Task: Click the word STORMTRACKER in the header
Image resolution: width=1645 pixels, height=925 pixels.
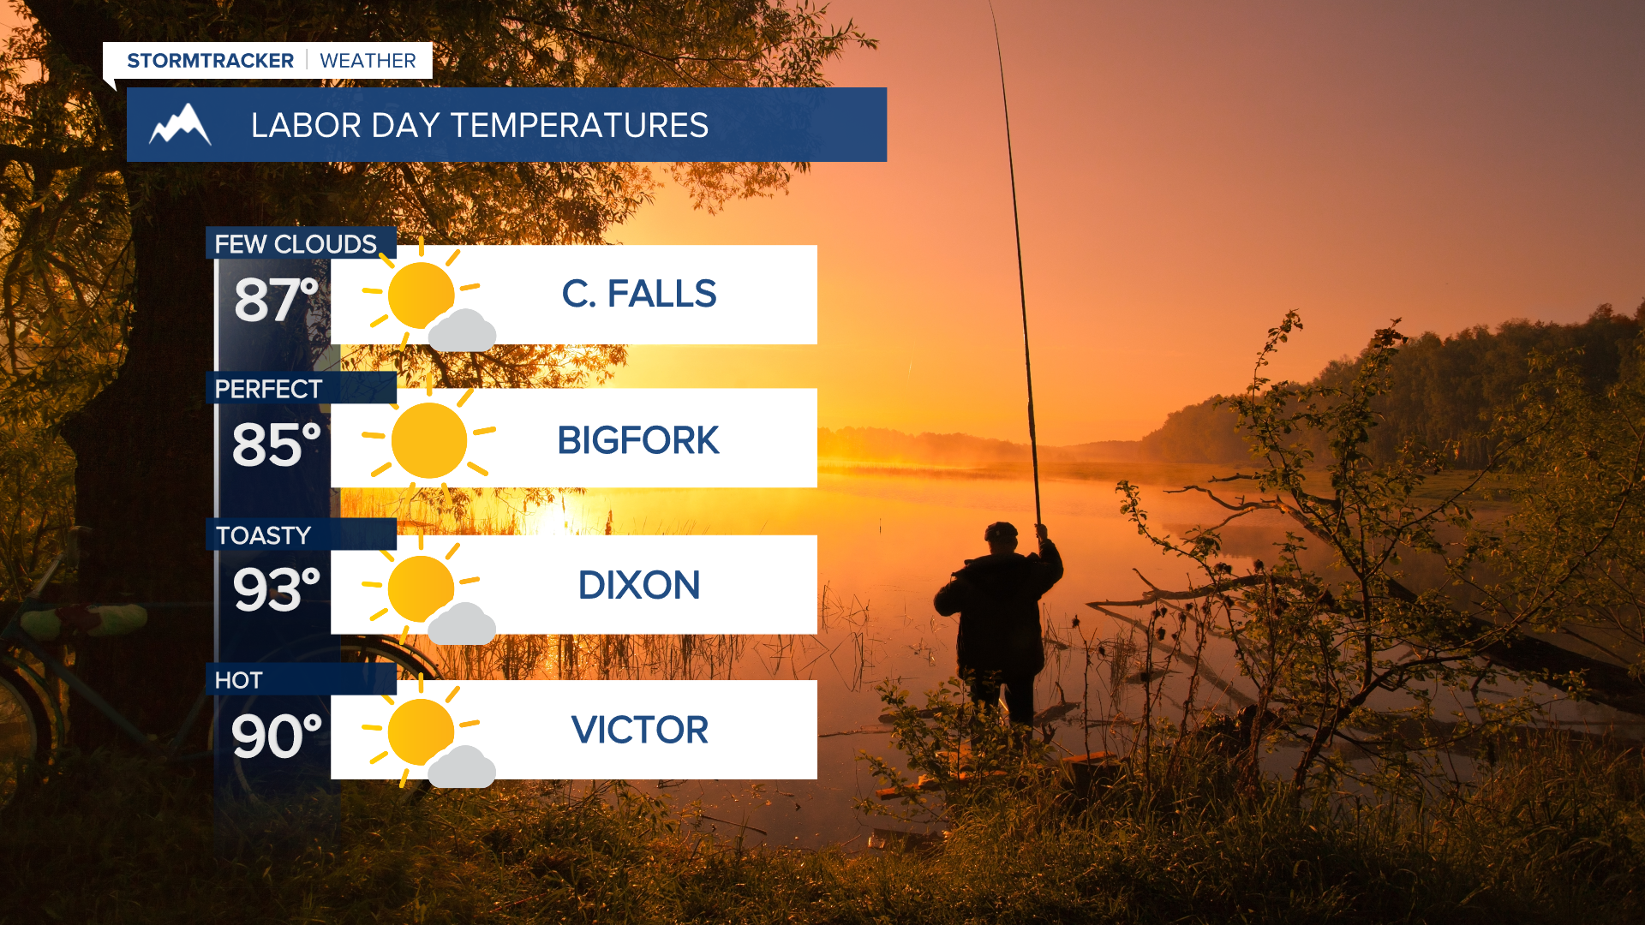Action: click(210, 61)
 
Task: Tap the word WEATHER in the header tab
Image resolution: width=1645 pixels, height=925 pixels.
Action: click(368, 61)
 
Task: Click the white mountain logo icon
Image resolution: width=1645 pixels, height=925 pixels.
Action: click(180, 125)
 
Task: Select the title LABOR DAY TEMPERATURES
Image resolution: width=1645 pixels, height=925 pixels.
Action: click(480, 125)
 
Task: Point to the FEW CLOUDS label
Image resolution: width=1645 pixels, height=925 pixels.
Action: click(296, 244)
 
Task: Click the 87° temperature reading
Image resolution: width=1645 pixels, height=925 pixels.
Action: click(276, 300)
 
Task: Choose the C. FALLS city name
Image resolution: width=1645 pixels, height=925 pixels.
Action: click(639, 294)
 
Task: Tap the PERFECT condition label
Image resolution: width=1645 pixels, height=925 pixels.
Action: click(268, 389)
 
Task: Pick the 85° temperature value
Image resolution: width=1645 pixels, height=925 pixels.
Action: click(276, 445)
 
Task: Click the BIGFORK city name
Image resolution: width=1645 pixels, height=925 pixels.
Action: click(638, 440)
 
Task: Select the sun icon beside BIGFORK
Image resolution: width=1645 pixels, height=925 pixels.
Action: click(428, 440)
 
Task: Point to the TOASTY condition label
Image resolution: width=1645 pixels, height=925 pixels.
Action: click(263, 535)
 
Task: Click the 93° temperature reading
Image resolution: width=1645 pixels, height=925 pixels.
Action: click(276, 589)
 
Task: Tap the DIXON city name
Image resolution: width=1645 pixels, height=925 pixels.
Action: click(639, 586)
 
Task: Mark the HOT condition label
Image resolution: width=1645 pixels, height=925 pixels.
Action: click(238, 681)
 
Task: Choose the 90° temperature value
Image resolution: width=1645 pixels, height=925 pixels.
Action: click(276, 736)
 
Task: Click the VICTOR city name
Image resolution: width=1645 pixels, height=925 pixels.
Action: click(640, 731)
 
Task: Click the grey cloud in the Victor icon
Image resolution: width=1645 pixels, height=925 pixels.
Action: click(462, 767)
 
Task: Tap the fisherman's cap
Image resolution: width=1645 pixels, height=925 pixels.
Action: click(1001, 531)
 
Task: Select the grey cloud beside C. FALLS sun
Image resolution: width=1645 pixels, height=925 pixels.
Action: click(462, 331)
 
